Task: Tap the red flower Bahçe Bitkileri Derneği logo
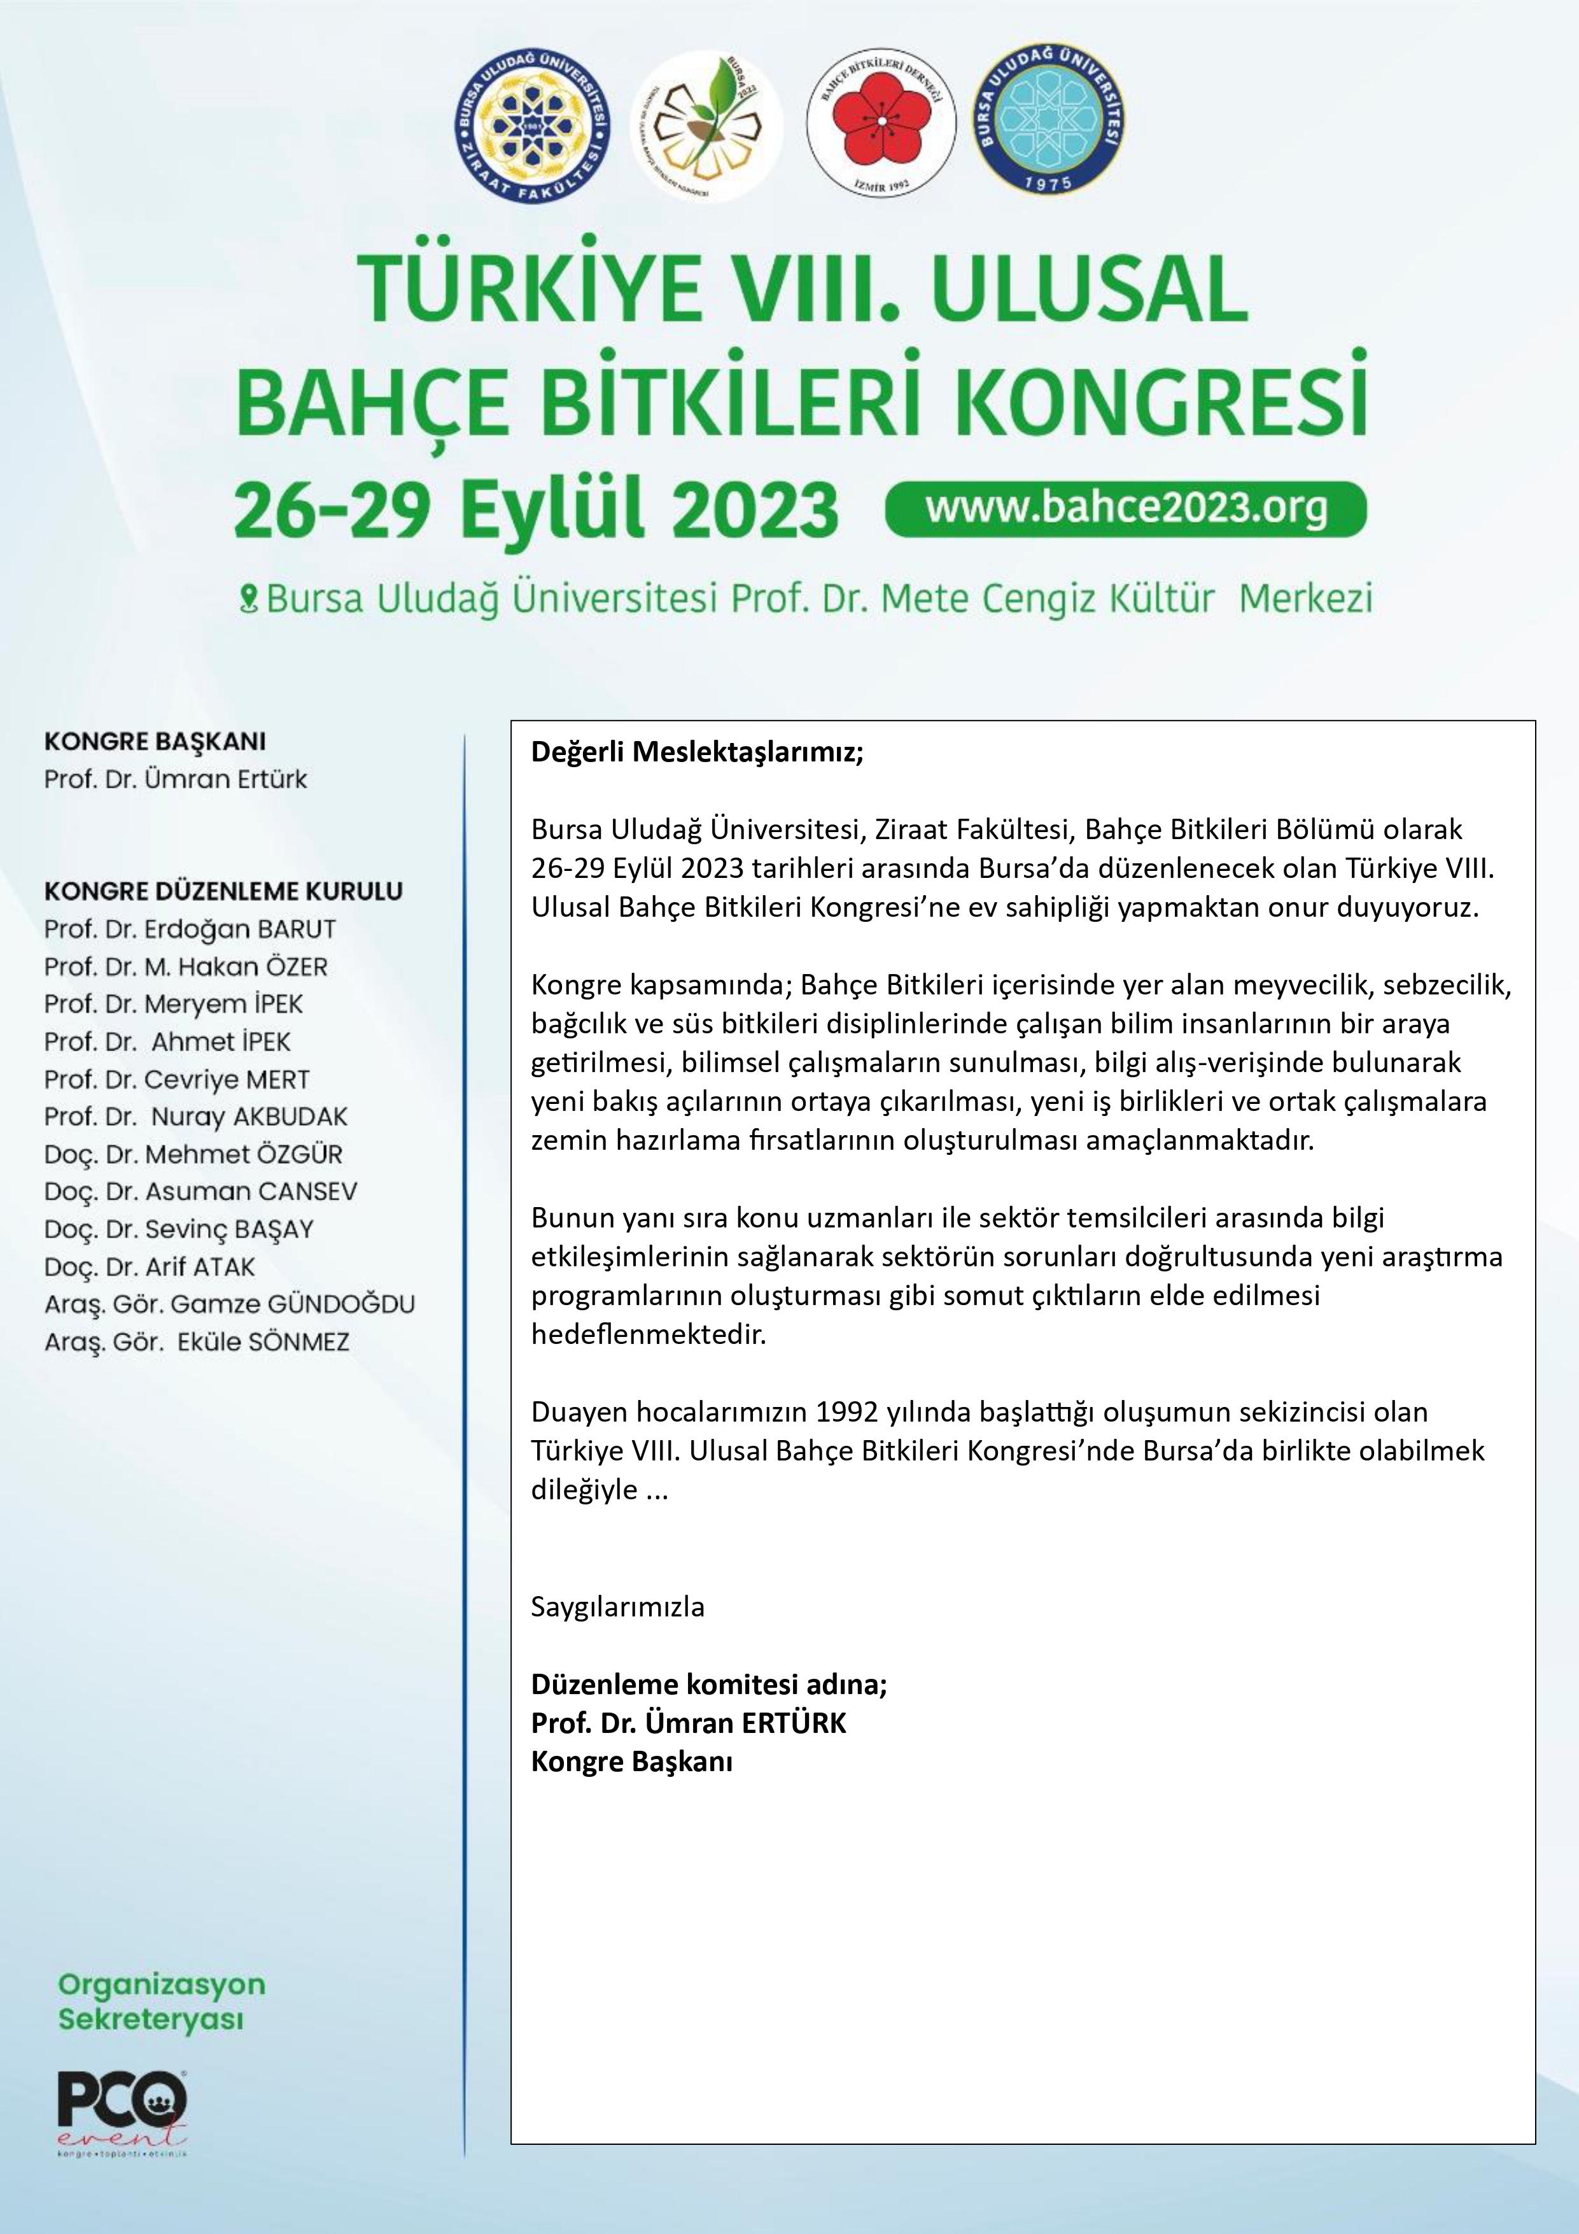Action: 881,122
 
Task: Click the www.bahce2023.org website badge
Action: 1126,508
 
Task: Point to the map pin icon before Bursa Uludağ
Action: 248,597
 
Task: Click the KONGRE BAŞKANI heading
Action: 155,742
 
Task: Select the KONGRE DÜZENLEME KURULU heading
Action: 223,891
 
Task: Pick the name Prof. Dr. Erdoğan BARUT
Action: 190,930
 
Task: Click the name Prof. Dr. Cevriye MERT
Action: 176,1079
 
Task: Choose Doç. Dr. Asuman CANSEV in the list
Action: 200,1192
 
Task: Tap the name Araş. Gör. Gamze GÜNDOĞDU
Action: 230,1304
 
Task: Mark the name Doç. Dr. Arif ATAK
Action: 149,1267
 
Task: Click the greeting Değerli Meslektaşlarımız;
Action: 697,752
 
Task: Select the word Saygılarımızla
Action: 618,1606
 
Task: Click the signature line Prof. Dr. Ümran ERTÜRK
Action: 688,1723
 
